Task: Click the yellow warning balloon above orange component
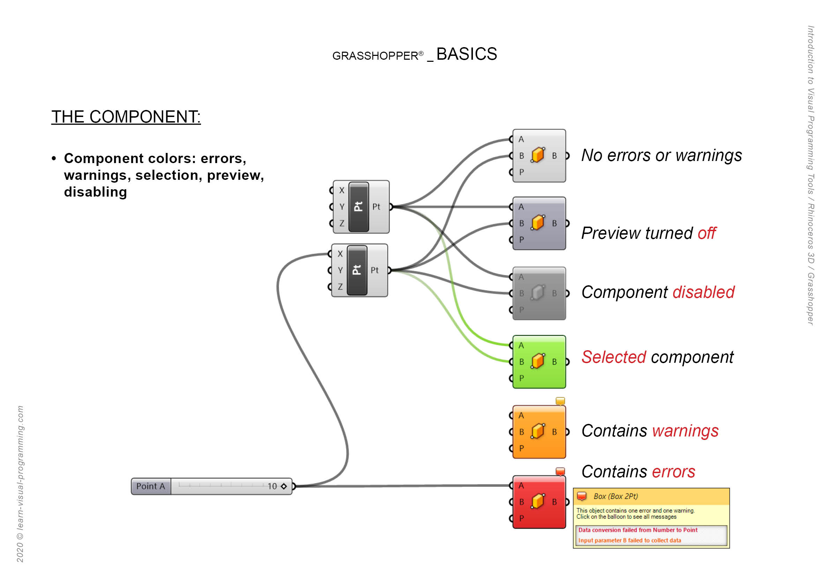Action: tap(560, 401)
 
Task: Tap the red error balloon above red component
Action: tap(560, 471)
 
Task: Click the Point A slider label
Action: tap(150, 486)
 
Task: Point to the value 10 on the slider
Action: tap(272, 486)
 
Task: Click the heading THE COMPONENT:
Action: tap(126, 117)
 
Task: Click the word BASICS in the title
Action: tap(467, 54)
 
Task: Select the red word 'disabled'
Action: tap(703, 292)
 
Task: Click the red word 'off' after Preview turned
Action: tap(706, 233)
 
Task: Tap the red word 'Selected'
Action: tap(614, 357)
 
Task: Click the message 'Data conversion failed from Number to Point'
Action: tap(638, 530)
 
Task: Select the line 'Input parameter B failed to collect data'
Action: tap(629, 541)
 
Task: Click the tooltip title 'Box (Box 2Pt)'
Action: tap(616, 497)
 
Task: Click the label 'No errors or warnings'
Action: tap(661, 156)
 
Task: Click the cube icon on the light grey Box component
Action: tap(538, 155)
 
